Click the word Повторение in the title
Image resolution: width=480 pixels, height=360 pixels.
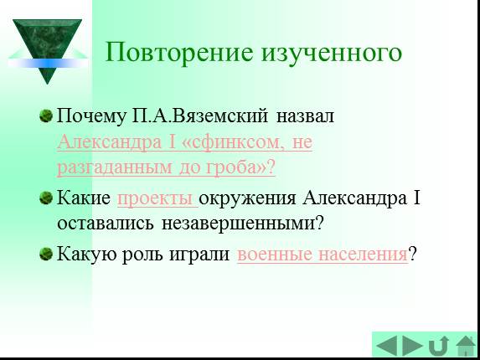pos(179,52)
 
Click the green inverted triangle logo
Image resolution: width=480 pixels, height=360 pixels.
pos(47,51)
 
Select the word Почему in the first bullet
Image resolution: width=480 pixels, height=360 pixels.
pos(91,117)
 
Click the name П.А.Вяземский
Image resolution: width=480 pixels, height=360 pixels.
pos(200,116)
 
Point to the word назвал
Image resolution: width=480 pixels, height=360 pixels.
pos(305,117)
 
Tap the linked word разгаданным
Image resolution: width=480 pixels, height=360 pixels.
pos(115,168)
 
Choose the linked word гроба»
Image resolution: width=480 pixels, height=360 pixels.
pos(236,167)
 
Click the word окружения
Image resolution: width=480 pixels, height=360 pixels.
pos(247,198)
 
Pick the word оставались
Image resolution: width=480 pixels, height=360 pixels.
pos(106,224)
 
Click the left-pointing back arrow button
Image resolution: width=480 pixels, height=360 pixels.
pos(387,346)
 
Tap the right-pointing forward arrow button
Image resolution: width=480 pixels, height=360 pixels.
pos(412,346)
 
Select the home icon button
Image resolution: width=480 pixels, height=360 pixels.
pos(466,346)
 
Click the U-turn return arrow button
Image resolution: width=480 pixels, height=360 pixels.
pos(438,346)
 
